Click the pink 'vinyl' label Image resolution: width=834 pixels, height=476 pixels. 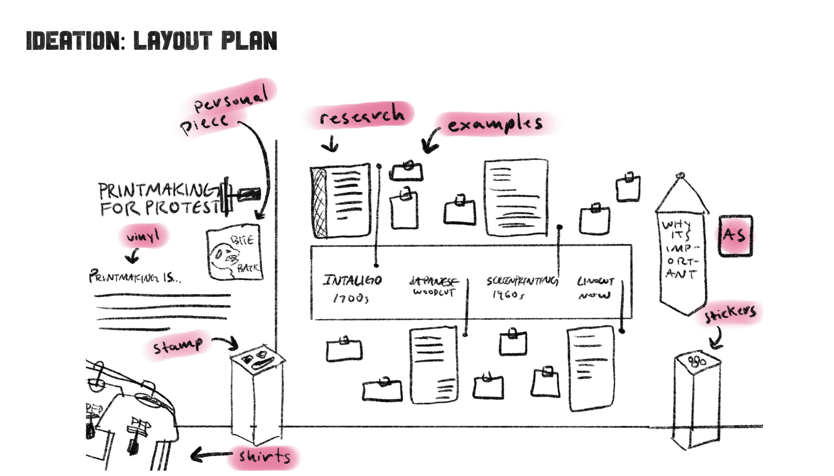click(144, 235)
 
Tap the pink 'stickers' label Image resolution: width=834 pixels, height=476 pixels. click(730, 313)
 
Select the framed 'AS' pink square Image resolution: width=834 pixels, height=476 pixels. click(735, 235)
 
